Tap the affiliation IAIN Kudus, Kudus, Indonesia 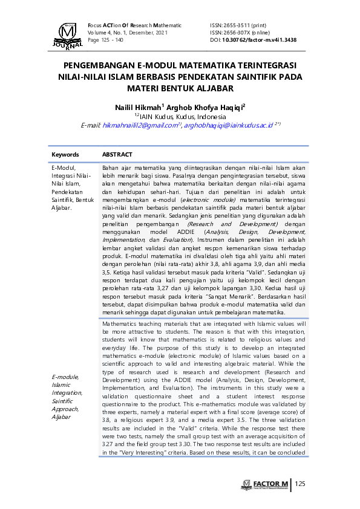(182, 116)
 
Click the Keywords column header (65, 155)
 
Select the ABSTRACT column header (117, 155)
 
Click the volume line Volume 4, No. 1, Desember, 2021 (128, 33)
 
